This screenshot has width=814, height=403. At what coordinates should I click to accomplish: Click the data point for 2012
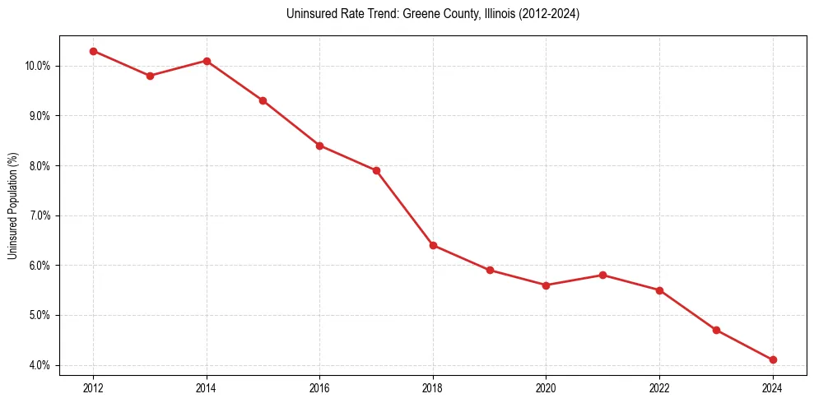click(x=93, y=51)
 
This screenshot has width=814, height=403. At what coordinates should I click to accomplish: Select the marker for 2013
click(x=150, y=76)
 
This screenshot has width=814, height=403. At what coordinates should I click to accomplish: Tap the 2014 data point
click(x=207, y=61)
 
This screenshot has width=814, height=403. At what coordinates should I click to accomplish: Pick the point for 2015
click(x=263, y=100)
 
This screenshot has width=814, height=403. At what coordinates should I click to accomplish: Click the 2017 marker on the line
click(x=376, y=170)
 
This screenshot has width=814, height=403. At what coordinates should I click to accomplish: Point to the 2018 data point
click(x=433, y=245)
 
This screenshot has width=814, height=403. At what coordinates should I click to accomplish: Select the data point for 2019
click(x=490, y=270)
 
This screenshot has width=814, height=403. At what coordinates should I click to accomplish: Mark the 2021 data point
click(x=602, y=275)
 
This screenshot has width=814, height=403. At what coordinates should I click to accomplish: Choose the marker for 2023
click(x=716, y=330)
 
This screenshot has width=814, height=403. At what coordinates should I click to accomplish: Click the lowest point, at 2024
click(x=773, y=359)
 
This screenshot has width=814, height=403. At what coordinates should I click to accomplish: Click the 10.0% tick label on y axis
click(x=37, y=66)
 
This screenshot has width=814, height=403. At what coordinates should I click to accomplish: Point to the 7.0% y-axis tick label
click(x=39, y=215)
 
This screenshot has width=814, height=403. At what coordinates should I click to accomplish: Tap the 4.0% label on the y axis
click(x=39, y=365)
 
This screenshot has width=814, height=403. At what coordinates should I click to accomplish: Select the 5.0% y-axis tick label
click(x=39, y=316)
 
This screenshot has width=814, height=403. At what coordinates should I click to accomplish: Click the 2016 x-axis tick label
click(x=319, y=387)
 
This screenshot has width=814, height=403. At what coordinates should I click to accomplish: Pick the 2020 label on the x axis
click(x=546, y=387)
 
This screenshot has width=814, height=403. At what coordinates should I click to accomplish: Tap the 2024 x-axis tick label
click(x=773, y=387)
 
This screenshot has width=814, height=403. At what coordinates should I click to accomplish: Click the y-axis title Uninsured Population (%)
click(x=12, y=206)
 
